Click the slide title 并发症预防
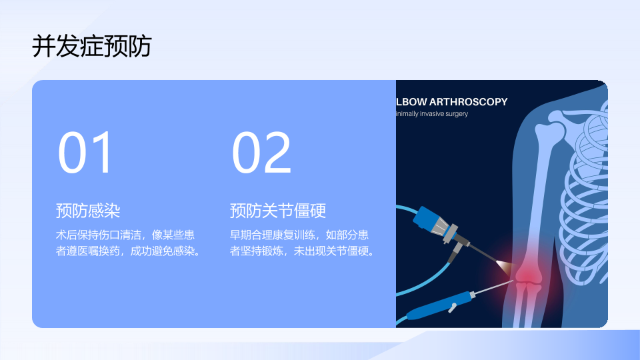[92, 46]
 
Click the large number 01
[85, 153]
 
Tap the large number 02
[261, 153]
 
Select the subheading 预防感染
[88, 211]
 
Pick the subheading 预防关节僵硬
[277, 211]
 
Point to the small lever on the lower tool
[452, 308]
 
